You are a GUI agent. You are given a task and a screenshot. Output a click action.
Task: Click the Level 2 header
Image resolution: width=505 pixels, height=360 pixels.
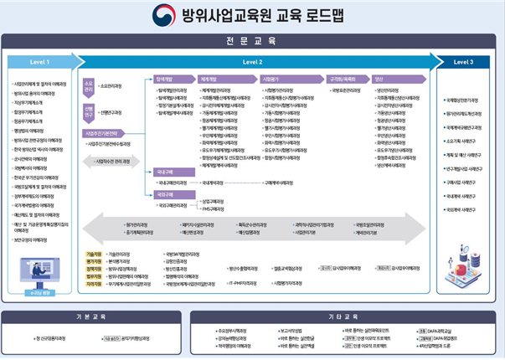click(252, 62)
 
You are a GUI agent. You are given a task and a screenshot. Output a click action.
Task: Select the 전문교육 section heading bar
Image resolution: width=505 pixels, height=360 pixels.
click(252, 40)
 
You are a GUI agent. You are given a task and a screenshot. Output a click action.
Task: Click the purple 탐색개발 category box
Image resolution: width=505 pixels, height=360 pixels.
click(169, 78)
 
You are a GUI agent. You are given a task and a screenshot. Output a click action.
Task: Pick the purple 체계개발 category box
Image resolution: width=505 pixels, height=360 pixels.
click(209, 78)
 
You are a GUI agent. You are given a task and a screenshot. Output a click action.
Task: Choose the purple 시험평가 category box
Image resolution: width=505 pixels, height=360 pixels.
click(271, 78)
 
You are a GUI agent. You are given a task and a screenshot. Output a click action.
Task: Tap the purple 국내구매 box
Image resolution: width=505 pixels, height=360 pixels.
click(164, 171)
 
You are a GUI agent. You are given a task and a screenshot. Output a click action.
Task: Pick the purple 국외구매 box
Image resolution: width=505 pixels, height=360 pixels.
click(164, 193)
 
